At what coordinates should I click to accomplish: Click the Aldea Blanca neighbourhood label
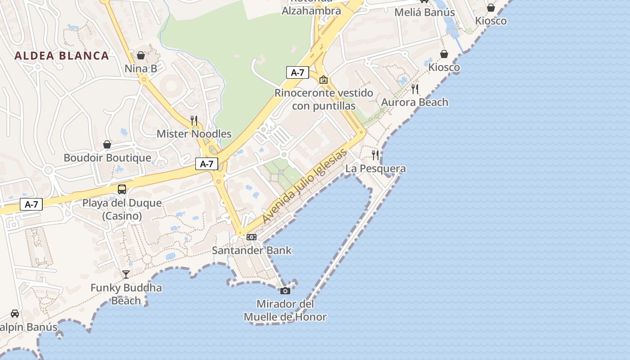tap(62, 56)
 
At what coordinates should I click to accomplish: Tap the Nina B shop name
tap(141, 68)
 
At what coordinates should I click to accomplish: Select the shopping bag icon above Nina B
tap(141, 55)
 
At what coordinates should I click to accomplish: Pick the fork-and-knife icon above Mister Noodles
tap(194, 120)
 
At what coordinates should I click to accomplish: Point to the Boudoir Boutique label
tap(107, 158)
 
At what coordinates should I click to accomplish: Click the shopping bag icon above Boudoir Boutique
tap(107, 144)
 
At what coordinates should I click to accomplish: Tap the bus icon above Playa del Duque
tap(122, 189)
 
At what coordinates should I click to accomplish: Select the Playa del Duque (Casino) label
tap(122, 209)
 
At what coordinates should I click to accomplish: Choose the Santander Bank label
tap(252, 250)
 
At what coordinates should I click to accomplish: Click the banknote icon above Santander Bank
tap(252, 237)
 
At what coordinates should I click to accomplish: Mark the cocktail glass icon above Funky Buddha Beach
tap(126, 274)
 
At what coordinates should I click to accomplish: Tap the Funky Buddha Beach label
tap(126, 294)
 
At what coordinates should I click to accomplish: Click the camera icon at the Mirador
tap(285, 291)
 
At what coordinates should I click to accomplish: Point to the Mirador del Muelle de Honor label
tap(285, 310)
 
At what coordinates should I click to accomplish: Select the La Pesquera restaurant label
tap(375, 169)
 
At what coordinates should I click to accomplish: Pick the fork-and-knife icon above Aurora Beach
tap(415, 89)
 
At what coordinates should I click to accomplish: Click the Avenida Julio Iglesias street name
tap(305, 185)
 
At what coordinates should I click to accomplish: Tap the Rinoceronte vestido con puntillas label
tap(324, 99)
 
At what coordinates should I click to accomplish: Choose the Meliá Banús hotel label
tap(424, 12)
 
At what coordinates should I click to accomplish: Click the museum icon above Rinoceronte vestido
tap(323, 80)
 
